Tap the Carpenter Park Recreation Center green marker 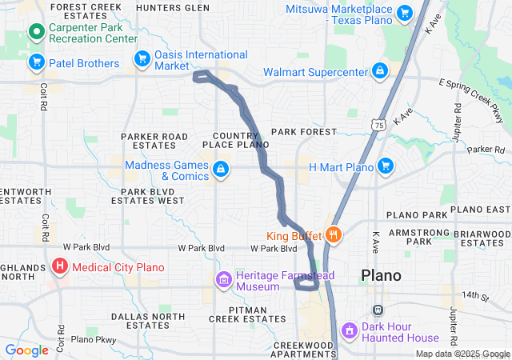click(36, 33)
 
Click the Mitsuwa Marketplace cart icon click(404, 13)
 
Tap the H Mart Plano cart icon click(386, 166)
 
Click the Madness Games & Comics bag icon click(219, 169)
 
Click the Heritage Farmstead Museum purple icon click(223, 280)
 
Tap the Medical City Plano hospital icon click(60, 266)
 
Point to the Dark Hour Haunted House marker click(349, 330)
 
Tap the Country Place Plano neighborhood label click(241, 140)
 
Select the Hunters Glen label click(173, 8)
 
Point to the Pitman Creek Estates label click(247, 314)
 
